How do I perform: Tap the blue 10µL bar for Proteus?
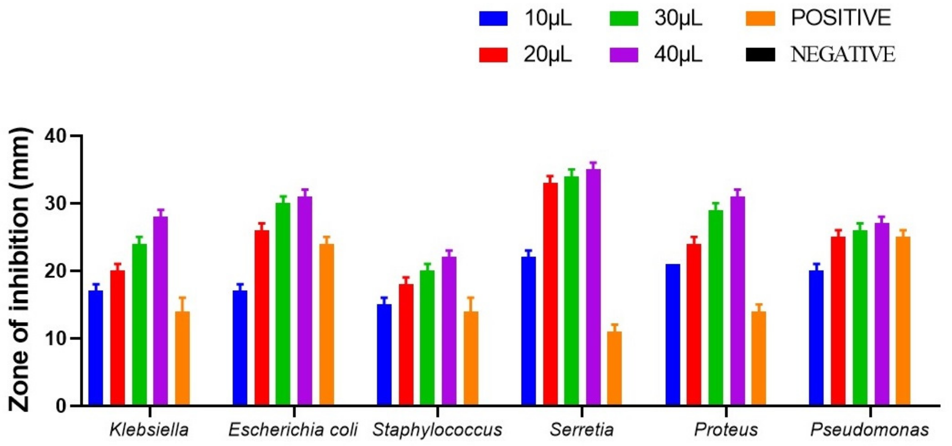pyautogui.click(x=673, y=335)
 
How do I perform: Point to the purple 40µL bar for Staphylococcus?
pyautogui.click(x=449, y=331)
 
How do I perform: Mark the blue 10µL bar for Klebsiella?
pyautogui.click(x=96, y=348)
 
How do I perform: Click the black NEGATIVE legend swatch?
pyautogui.click(x=760, y=55)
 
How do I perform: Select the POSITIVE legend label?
pyautogui.click(x=841, y=17)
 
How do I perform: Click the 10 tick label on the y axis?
pyautogui.click(x=55, y=338)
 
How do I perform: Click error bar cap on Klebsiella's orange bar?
pyautogui.click(x=182, y=298)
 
